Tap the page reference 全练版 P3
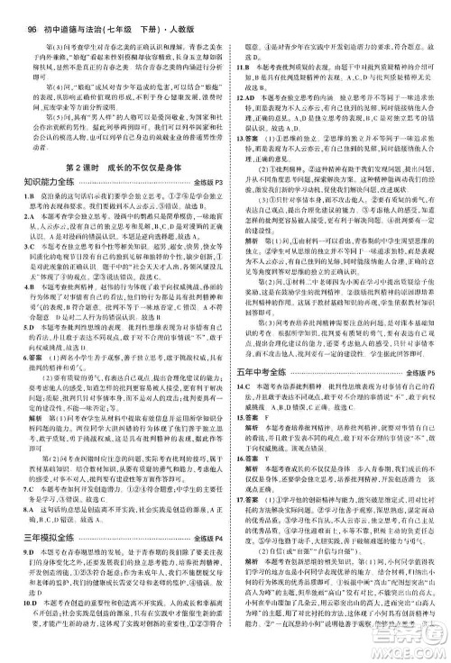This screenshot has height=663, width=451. (x=207, y=186)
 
